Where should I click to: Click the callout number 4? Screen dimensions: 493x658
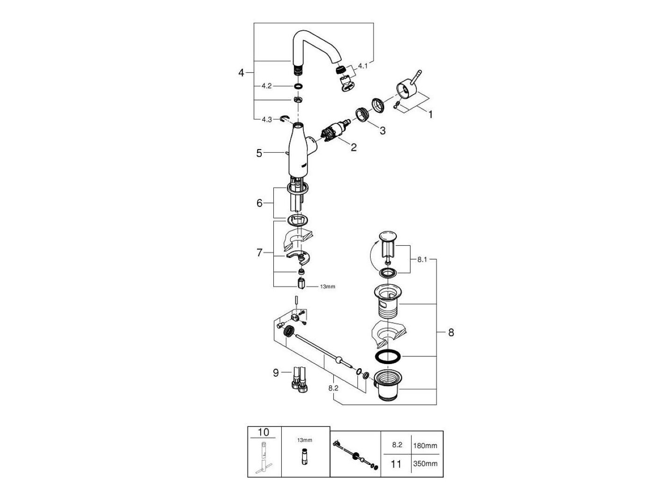pyautogui.click(x=241, y=72)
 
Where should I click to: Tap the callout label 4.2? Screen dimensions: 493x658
pyautogui.click(x=267, y=86)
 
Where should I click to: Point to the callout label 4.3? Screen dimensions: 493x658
pyautogui.click(x=267, y=119)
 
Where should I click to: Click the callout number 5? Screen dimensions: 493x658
pyautogui.click(x=259, y=153)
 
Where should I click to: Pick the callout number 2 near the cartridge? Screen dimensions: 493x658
pyautogui.click(x=353, y=147)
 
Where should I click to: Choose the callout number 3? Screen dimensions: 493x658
pyautogui.click(x=382, y=131)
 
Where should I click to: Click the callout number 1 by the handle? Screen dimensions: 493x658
pyautogui.click(x=430, y=114)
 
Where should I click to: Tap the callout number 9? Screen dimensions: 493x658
pyautogui.click(x=276, y=372)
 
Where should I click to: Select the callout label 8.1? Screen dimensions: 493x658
pyautogui.click(x=422, y=259)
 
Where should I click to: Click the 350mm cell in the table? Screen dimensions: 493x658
pyautogui.click(x=425, y=464)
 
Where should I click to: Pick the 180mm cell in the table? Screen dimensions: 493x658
pyautogui.click(x=425, y=445)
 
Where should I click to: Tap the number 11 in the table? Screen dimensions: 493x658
pyautogui.click(x=396, y=464)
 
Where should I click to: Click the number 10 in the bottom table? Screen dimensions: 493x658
pyautogui.click(x=264, y=432)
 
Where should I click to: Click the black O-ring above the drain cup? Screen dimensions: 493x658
pyautogui.click(x=387, y=356)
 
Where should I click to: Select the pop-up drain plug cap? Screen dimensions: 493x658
pyautogui.click(x=387, y=235)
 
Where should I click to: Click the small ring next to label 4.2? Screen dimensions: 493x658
pyautogui.click(x=298, y=86)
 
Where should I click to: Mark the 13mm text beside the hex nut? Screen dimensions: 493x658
pyautogui.click(x=328, y=286)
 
